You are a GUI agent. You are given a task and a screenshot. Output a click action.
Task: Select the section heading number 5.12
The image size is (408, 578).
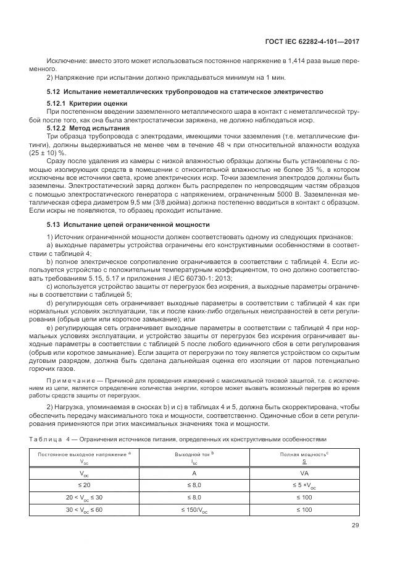point(54,91)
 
